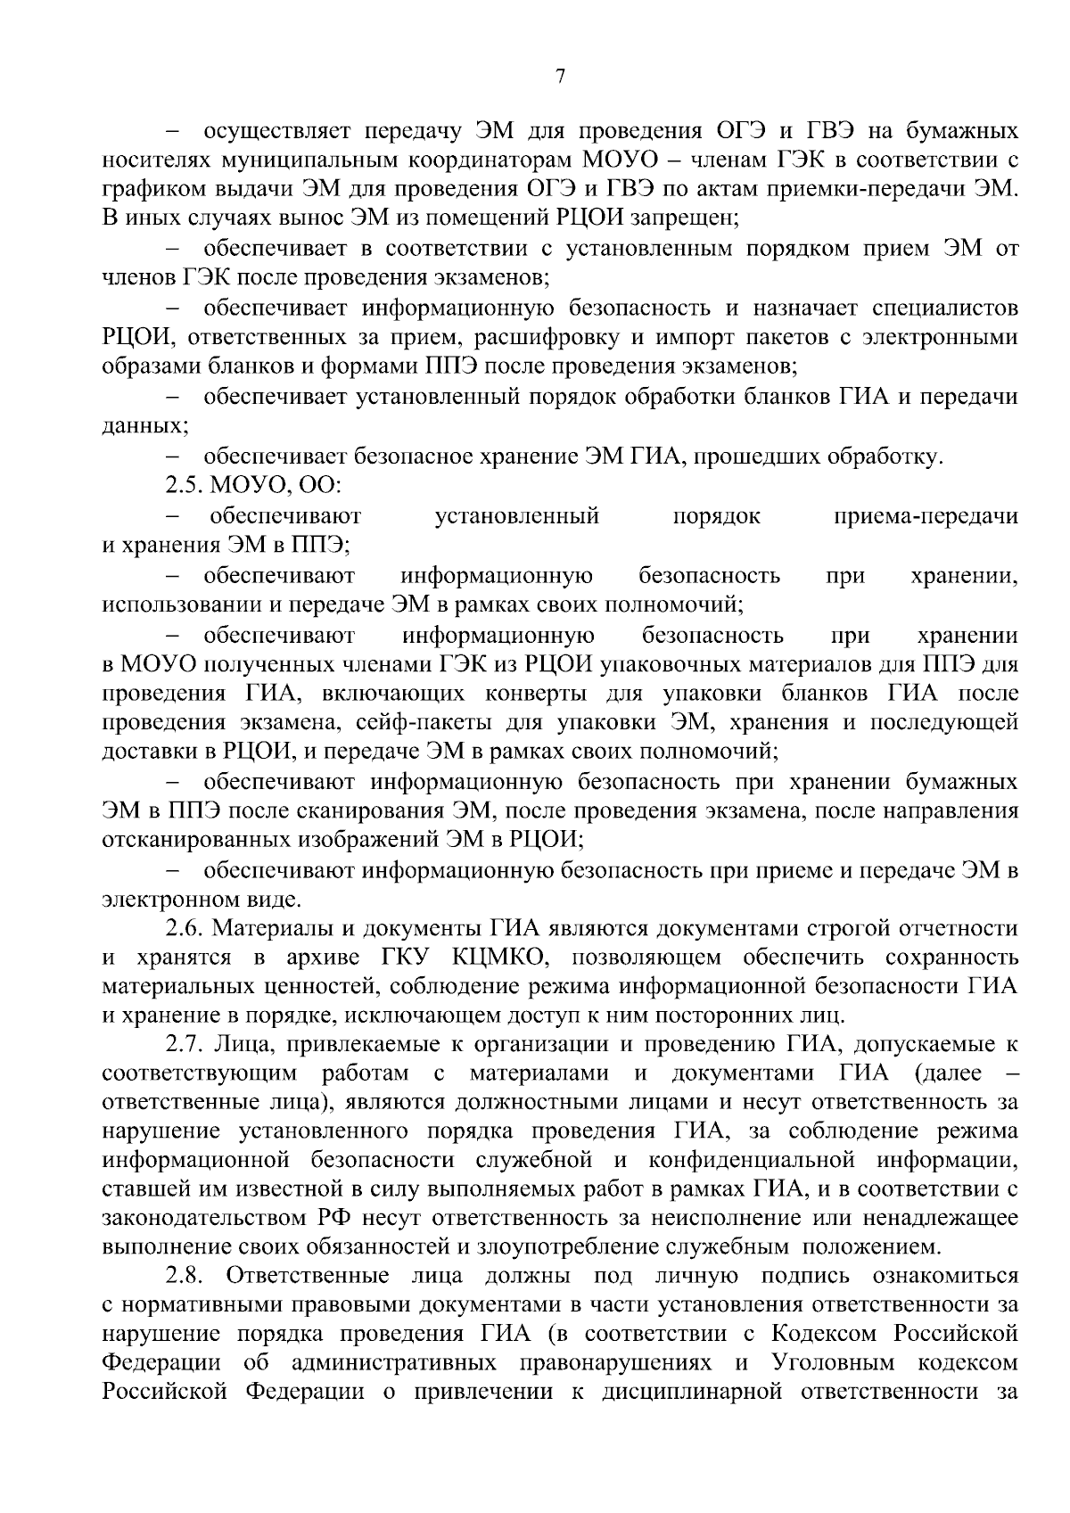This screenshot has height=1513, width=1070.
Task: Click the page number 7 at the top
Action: pos(560,78)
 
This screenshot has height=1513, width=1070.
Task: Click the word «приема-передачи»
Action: pos(925,516)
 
